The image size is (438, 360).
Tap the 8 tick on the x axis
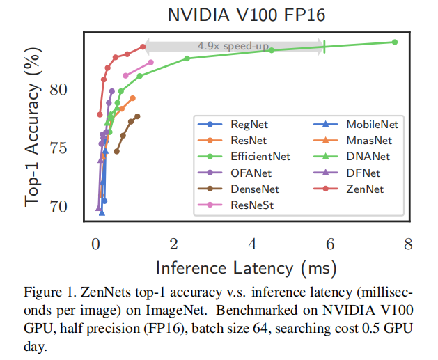tap(407, 244)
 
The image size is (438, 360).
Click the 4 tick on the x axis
tap(251, 244)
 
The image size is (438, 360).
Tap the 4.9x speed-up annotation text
tap(233, 46)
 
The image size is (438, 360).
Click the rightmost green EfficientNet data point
tap(395, 42)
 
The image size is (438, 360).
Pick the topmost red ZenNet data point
tap(143, 47)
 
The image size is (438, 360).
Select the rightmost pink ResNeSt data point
tap(151, 63)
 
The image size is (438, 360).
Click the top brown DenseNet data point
tap(137, 116)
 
